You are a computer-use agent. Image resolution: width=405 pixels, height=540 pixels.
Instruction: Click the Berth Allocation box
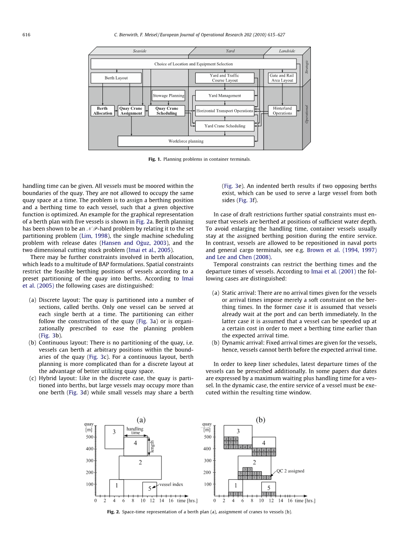tap(102, 111)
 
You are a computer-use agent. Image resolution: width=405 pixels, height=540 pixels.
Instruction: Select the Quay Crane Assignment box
tap(131, 111)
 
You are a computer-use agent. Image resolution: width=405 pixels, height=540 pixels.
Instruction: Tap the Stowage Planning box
tap(168, 95)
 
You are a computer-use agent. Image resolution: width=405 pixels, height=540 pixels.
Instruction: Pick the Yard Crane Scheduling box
tap(225, 126)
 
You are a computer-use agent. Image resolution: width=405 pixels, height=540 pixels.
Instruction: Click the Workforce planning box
tap(186, 141)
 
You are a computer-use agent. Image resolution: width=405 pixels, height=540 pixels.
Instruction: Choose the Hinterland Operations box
tap(282, 111)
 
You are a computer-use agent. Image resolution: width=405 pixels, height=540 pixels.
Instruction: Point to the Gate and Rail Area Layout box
tap(282, 78)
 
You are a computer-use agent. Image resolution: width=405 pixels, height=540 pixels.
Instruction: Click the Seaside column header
tap(139, 51)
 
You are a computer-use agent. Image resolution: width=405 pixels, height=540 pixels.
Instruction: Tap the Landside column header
tap(287, 51)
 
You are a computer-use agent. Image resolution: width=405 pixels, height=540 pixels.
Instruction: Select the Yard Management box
tap(225, 95)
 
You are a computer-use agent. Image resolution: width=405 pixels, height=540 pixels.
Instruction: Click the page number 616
tap(26, 35)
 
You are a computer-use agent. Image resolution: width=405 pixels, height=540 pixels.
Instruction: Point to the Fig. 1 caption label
tap(155, 159)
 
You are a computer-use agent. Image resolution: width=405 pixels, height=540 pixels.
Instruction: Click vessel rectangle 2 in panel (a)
tap(140, 467)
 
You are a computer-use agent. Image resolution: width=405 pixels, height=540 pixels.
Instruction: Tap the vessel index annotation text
tap(171, 484)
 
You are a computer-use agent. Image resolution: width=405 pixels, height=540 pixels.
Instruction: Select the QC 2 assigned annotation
tap(290, 471)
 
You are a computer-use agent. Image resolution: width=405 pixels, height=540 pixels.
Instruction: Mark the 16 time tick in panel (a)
tap(171, 500)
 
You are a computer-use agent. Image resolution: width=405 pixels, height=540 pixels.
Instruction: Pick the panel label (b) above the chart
tap(261, 420)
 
